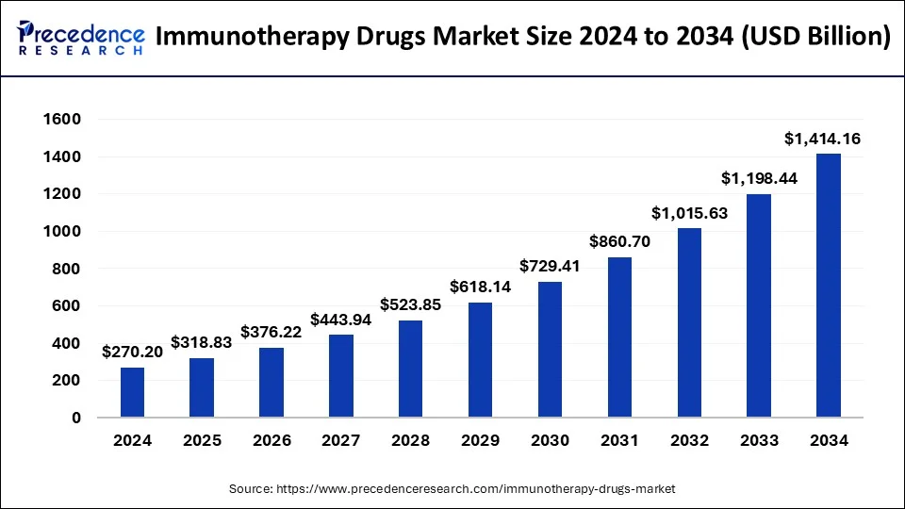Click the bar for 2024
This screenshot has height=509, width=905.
click(x=133, y=392)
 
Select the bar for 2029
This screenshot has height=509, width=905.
click(x=481, y=360)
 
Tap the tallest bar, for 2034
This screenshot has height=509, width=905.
click(x=828, y=285)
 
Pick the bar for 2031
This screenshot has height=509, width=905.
click(x=620, y=337)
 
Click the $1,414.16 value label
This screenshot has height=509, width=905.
click(x=822, y=140)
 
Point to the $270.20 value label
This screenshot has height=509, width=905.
click(x=133, y=353)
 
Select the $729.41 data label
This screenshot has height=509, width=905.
click(x=551, y=267)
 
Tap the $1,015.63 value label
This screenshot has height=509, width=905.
click(x=689, y=213)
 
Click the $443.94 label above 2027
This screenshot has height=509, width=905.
click(x=342, y=320)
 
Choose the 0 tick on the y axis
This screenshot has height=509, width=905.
click(x=76, y=418)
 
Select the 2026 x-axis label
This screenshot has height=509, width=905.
click(x=271, y=440)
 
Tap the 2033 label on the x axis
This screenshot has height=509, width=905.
click(x=759, y=440)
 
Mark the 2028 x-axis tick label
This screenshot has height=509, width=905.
click(x=411, y=440)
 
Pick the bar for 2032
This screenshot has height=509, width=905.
click(x=689, y=322)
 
